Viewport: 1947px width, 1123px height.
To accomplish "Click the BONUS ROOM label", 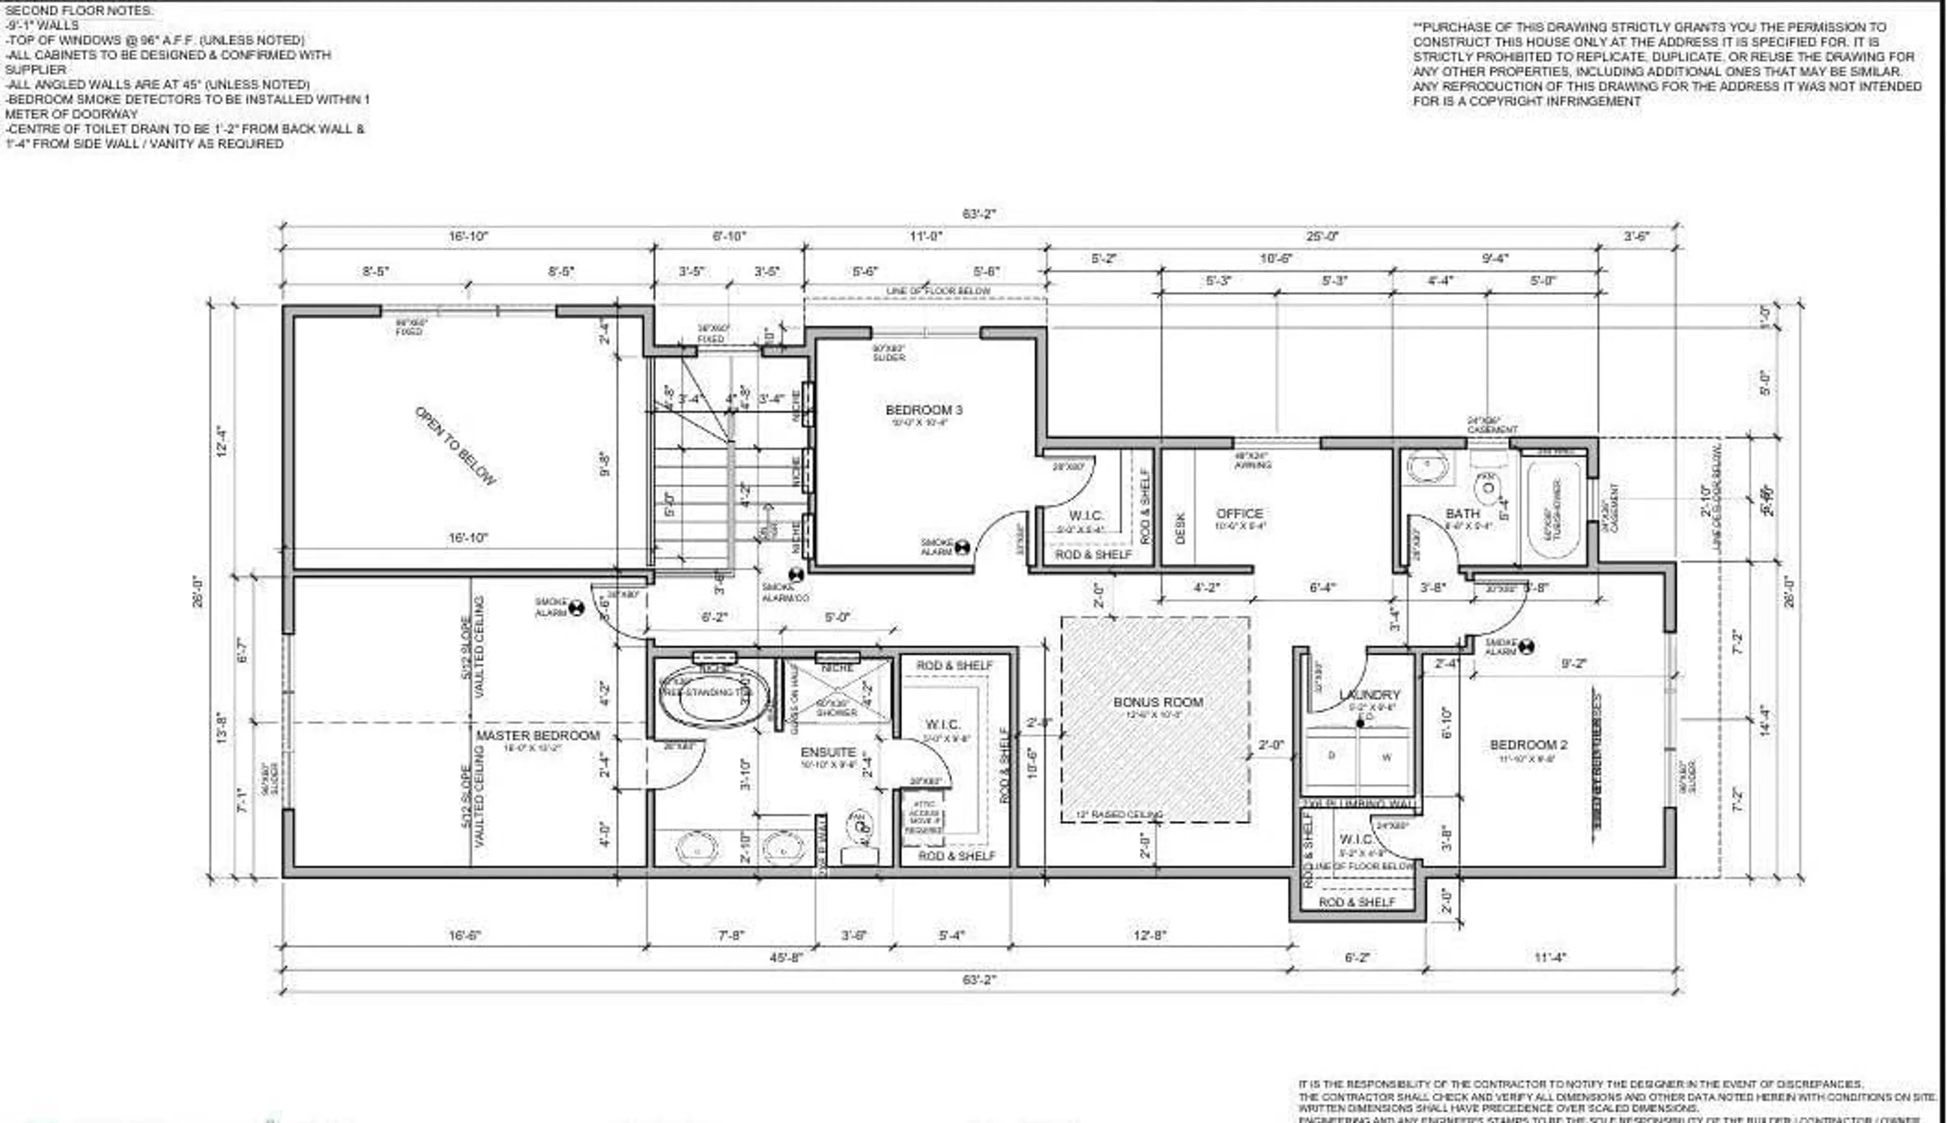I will [1158, 702].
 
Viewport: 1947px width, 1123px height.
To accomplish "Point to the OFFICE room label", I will [1239, 514].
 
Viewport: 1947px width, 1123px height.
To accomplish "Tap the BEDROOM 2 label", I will [1528, 745].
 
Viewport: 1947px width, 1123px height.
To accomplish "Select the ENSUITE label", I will [828, 752].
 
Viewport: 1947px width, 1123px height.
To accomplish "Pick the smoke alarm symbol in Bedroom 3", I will [961, 548].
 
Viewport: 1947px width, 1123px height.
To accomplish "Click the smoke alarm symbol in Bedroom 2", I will [1526, 647].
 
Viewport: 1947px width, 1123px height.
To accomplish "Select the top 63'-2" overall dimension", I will [979, 214].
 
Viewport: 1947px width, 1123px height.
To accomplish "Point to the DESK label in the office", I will [1180, 529].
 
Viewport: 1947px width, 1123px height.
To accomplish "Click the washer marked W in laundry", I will [1386, 758].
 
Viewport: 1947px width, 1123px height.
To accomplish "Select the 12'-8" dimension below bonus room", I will [1150, 935].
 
